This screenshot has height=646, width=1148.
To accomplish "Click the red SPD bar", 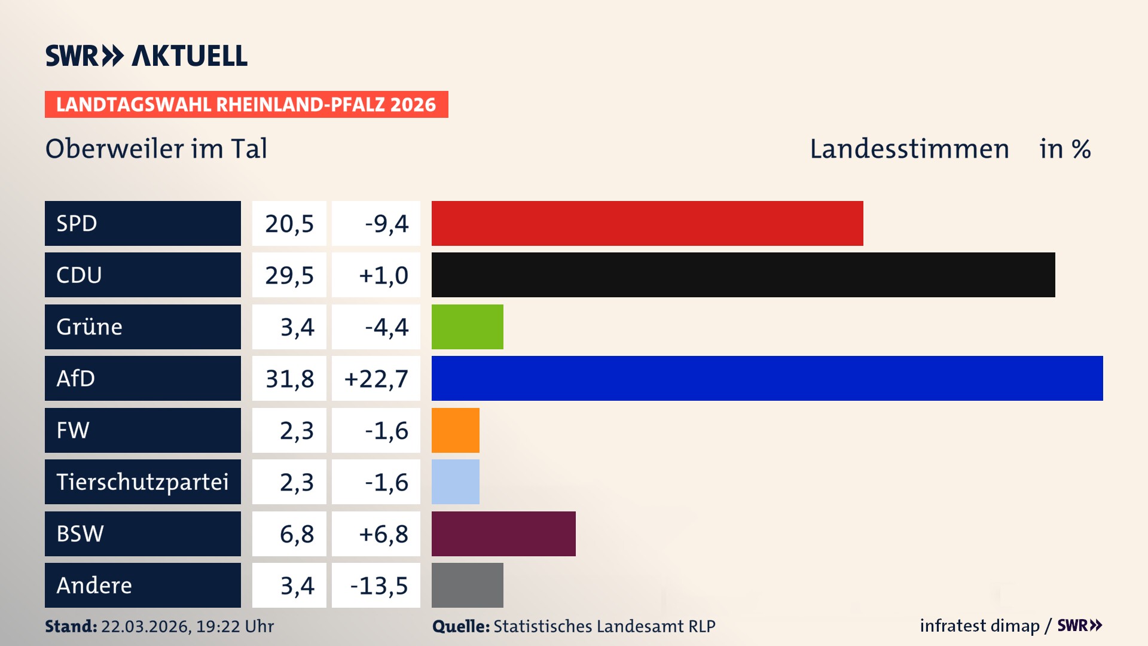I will [x=647, y=223].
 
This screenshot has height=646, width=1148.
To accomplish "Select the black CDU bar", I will [x=743, y=275].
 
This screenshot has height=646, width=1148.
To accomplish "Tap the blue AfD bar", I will [x=767, y=378].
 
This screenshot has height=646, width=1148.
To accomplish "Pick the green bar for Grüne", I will [x=467, y=327].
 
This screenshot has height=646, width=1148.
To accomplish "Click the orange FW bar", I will [x=455, y=430].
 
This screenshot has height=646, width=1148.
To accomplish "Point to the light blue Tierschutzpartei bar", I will [x=455, y=482].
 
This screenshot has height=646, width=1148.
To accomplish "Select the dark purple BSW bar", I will [x=503, y=534].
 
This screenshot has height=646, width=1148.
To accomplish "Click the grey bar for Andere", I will [x=467, y=585].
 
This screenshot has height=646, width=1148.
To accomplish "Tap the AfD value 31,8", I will [x=289, y=379].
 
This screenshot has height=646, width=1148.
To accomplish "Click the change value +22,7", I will [x=376, y=379].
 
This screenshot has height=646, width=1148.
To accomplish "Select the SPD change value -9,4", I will [x=386, y=224].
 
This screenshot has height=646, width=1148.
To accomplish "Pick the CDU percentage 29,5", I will [x=289, y=275].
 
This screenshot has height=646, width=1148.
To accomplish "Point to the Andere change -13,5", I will [x=379, y=586].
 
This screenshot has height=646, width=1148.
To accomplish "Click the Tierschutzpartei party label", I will [x=142, y=482].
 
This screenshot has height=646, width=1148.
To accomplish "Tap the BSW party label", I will [x=80, y=534].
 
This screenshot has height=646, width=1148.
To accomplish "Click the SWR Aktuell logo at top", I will [x=146, y=56].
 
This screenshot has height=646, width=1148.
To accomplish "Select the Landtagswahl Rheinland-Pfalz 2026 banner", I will [x=246, y=105].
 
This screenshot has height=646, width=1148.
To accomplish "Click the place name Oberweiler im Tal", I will [x=156, y=149].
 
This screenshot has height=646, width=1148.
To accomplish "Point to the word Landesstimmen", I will [x=909, y=149].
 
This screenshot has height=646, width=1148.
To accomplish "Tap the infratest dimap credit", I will [x=979, y=626].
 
